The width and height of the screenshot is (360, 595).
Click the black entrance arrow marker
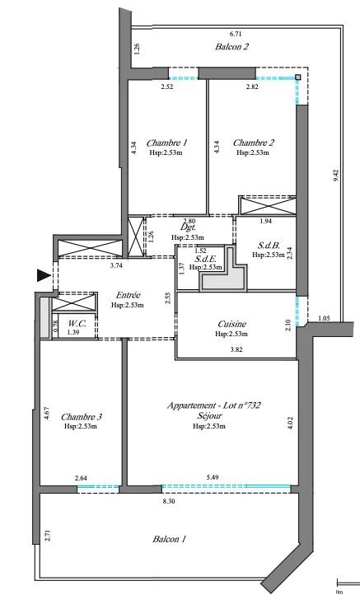tap(42, 274)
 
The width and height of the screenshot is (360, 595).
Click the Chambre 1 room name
tap(166, 143)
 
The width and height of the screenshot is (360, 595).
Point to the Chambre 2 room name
tap(254, 143)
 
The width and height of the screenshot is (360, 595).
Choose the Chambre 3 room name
tap(82, 416)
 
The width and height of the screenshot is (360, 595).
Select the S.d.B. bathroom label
tap(269, 245)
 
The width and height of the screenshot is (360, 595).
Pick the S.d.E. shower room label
tap(206, 258)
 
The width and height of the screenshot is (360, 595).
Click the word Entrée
tap(127, 295)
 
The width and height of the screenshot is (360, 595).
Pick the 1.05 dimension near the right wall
tap(323, 317)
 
